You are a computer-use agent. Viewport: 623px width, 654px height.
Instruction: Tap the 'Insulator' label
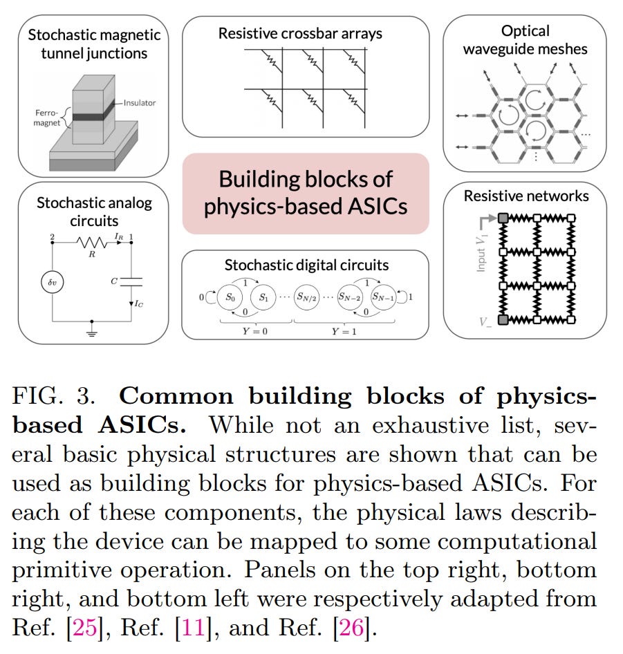point(140,103)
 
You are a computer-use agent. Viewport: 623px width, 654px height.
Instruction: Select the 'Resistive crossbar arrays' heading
point(300,32)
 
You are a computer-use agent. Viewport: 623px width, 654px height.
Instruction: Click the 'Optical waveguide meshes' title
point(525,39)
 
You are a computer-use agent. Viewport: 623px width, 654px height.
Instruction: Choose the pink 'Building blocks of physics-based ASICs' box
point(306,193)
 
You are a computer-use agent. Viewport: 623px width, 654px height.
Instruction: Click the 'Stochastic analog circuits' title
point(94,212)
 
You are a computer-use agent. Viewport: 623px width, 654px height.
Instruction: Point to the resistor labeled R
point(91,243)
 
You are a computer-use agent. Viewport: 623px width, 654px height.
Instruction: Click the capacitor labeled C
point(131,281)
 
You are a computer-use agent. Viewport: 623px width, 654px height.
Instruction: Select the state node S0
point(231,299)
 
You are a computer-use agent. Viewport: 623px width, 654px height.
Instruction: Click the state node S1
point(263,299)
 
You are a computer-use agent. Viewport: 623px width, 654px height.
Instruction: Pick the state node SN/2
point(308,299)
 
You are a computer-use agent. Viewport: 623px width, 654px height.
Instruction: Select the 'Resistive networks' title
point(526,196)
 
